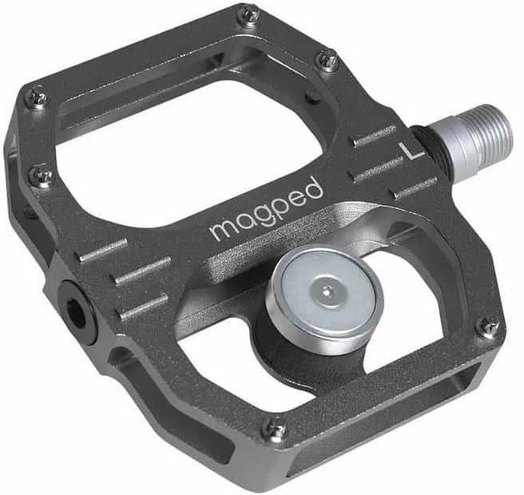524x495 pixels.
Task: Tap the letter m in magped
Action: tap(220, 230)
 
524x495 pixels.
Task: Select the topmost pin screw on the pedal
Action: tap(249, 14)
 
